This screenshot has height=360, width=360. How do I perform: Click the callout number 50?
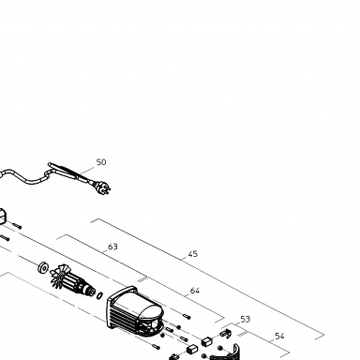coord(101,162)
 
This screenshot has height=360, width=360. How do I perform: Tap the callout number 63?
coord(112,247)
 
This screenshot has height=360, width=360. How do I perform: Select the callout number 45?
coord(193,254)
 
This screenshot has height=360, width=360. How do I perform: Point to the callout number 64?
coord(195,291)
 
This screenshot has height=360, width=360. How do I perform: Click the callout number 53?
coord(246,320)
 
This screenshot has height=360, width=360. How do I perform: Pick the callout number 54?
coord(279,337)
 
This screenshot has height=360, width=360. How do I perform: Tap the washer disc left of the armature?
coord(43,267)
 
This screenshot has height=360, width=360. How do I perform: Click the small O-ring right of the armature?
coord(99,295)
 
